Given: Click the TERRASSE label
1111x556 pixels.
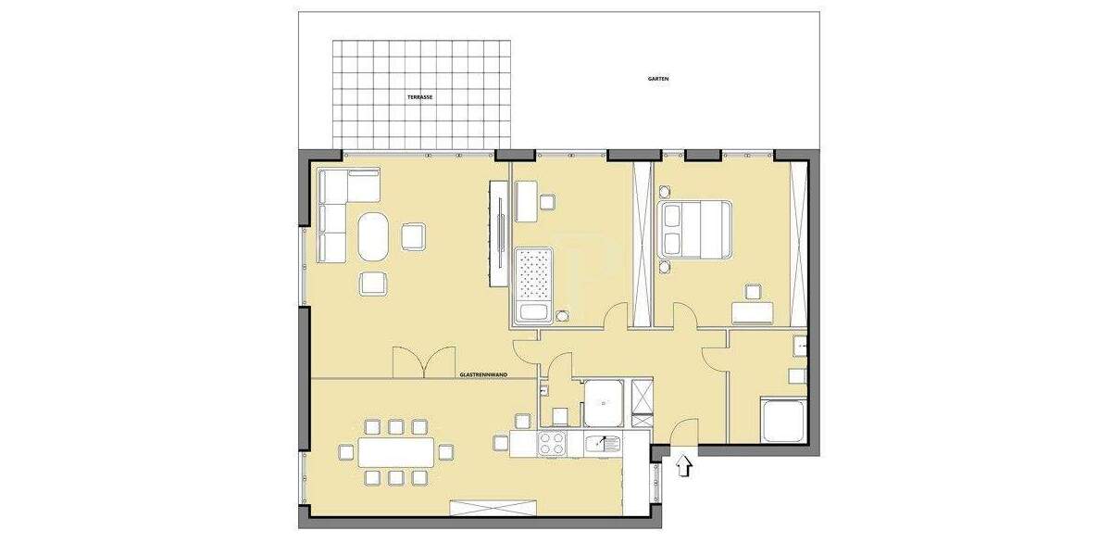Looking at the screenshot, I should (419, 96).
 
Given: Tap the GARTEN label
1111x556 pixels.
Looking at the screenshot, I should (657, 79).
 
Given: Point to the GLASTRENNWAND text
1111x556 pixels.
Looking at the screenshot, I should (481, 375).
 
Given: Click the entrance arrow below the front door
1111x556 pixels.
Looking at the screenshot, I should (685, 465).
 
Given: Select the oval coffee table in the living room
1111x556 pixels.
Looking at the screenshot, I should (374, 237).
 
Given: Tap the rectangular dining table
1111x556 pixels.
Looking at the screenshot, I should (395, 452).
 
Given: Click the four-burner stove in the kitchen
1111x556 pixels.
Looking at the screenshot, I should (554, 443).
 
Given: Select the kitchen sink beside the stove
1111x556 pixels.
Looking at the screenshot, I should (603, 443).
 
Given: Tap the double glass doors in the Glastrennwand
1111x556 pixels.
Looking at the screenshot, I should (424, 362).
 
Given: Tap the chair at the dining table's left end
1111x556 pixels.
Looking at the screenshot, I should (346, 452).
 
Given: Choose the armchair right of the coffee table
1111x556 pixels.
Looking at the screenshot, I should (413, 236).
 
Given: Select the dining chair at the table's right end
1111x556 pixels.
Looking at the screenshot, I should (445, 452).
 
